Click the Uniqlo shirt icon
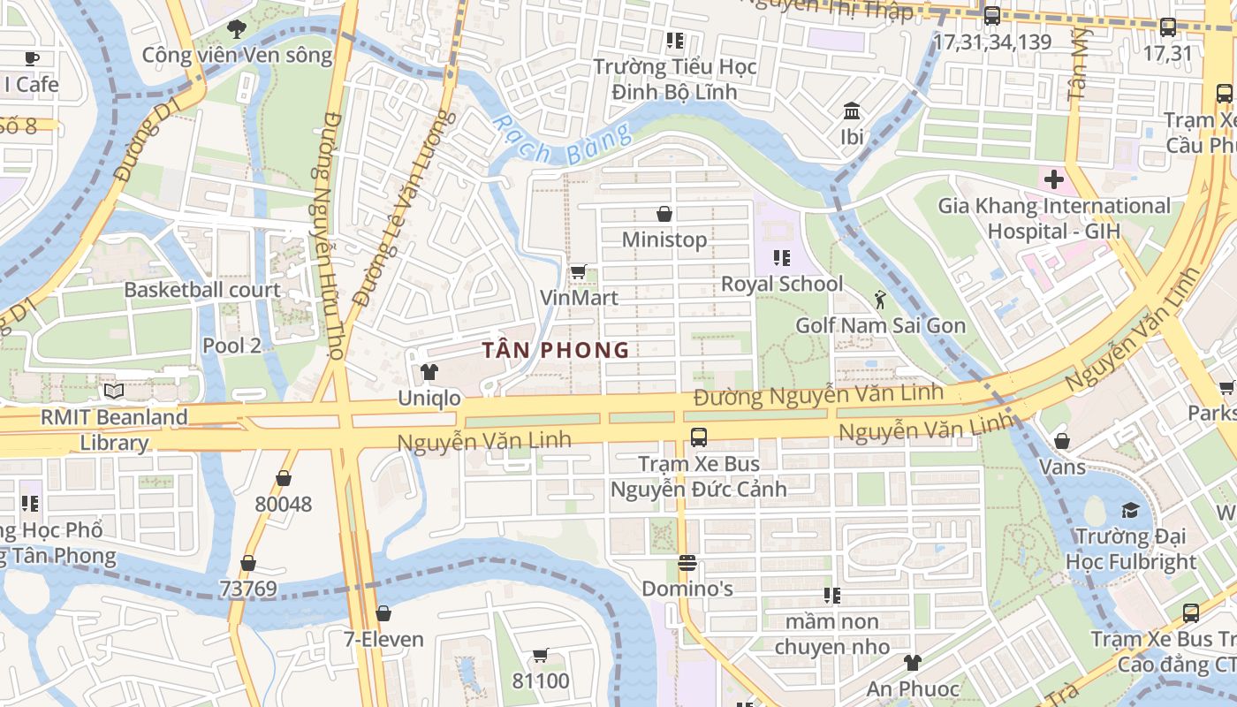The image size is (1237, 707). (x=429, y=372)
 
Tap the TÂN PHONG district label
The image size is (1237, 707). (x=557, y=350)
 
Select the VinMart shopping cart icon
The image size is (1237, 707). (x=578, y=272)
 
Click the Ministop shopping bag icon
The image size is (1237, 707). (x=664, y=214)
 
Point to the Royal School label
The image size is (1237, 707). (x=782, y=284)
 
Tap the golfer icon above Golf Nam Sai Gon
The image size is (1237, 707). (x=880, y=300)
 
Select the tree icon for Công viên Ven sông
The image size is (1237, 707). (x=237, y=29)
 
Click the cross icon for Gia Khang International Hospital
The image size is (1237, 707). (x=1053, y=180)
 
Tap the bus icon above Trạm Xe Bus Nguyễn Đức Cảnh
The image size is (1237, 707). (x=698, y=437)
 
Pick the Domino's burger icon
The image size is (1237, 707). (x=687, y=562)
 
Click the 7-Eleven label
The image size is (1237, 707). (x=383, y=639)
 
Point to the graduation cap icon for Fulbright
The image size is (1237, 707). (x=1130, y=510)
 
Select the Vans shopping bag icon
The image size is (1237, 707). (x=1062, y=440)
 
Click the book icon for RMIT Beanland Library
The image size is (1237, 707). (x=113, y=391)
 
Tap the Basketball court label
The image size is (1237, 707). (x=201, y=290)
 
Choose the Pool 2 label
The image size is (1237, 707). (x=231, y=345)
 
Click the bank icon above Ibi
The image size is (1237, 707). (x=853, y=111)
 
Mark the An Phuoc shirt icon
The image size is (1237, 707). (x=912, y=663)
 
